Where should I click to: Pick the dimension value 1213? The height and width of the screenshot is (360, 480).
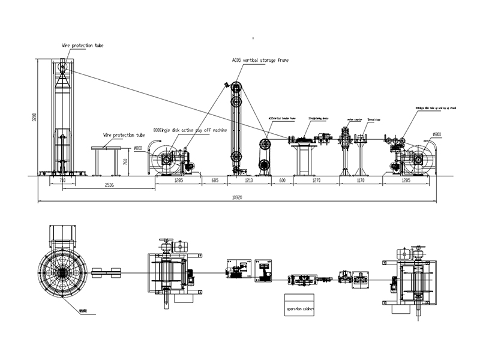(x=249, y=179)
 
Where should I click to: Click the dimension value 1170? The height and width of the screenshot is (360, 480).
(x=361, y=179)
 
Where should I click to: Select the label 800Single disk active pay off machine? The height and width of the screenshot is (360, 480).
(x=190, y=130)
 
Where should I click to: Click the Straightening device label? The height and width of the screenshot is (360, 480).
(x=318, y=119)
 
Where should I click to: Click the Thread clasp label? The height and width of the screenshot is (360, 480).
(x=373, y=119)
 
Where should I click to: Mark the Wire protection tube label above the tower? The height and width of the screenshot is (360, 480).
(x=83, y=45)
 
